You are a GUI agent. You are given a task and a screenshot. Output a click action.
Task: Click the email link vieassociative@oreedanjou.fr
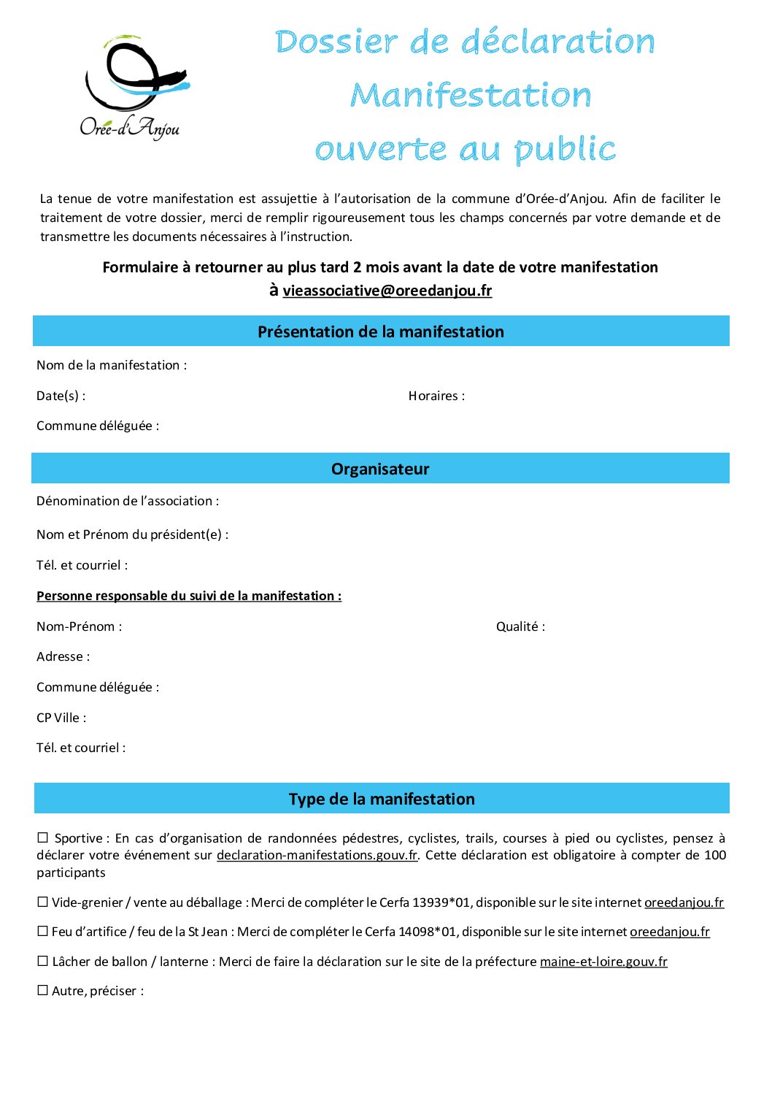click(x=387, y=291)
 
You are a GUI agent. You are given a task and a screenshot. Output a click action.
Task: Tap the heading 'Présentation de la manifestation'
click(x=380, y=331)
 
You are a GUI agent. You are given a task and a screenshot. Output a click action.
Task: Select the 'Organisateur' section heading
click(x=380, y=469)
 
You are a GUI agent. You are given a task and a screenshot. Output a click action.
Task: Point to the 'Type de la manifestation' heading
click(x=382, y=799)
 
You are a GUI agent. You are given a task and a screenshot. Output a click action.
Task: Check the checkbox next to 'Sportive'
click(x=43, y=837)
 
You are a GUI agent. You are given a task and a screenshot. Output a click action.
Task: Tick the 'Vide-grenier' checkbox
click(x=43, y=902)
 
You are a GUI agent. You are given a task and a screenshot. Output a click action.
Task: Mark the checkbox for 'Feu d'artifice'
click(x=43, y=931)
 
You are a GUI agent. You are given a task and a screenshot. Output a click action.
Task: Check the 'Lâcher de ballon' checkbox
click(x=43, y=961)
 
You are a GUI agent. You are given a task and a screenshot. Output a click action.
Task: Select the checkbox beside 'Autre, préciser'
click(x=43, y=990)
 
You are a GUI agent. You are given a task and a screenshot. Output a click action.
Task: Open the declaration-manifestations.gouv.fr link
click(x=317, y=855)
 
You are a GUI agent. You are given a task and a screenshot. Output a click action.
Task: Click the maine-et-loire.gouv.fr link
click(x=603, y=962)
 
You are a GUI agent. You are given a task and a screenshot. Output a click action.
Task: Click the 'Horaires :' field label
click(x=436, y=396)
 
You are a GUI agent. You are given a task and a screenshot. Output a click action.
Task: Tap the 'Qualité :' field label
click(x=520, y=626)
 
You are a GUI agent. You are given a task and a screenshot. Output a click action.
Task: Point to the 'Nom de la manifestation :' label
click(x=112, y=365)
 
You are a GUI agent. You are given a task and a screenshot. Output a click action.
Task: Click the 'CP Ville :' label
click(x=61, y=718)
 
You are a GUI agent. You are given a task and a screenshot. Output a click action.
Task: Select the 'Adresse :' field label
click(x=63, y=656)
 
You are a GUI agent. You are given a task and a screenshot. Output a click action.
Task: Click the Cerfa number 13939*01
click(x=441, y=902)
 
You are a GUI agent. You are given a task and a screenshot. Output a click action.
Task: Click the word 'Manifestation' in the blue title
click(x=471, y=96)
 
